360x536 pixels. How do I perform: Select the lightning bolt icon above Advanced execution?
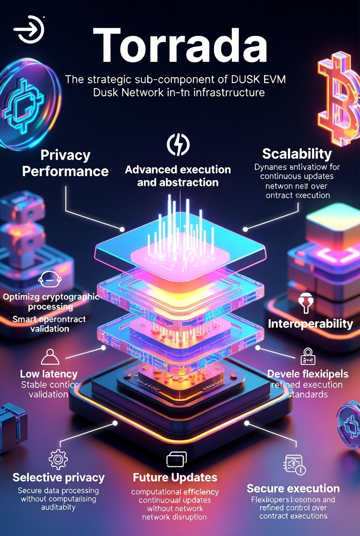pos(178,145)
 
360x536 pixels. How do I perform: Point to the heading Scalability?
pos(297,153)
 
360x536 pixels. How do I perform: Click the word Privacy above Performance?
pos(65,155)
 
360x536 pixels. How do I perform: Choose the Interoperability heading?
pos(310,324)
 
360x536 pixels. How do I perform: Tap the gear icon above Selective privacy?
pos(58,458)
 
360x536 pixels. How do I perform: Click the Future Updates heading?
pos(175,477)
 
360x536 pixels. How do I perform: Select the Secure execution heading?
pos(293,488)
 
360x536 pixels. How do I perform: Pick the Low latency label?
pos(49,374)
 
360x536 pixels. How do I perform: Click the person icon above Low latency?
pos(50,356)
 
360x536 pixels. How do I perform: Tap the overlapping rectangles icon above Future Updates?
pos(175,460)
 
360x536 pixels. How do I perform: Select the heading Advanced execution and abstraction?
pos(178,176)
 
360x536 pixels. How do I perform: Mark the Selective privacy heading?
pos(58,477)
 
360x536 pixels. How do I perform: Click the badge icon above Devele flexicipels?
pos(307,355)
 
